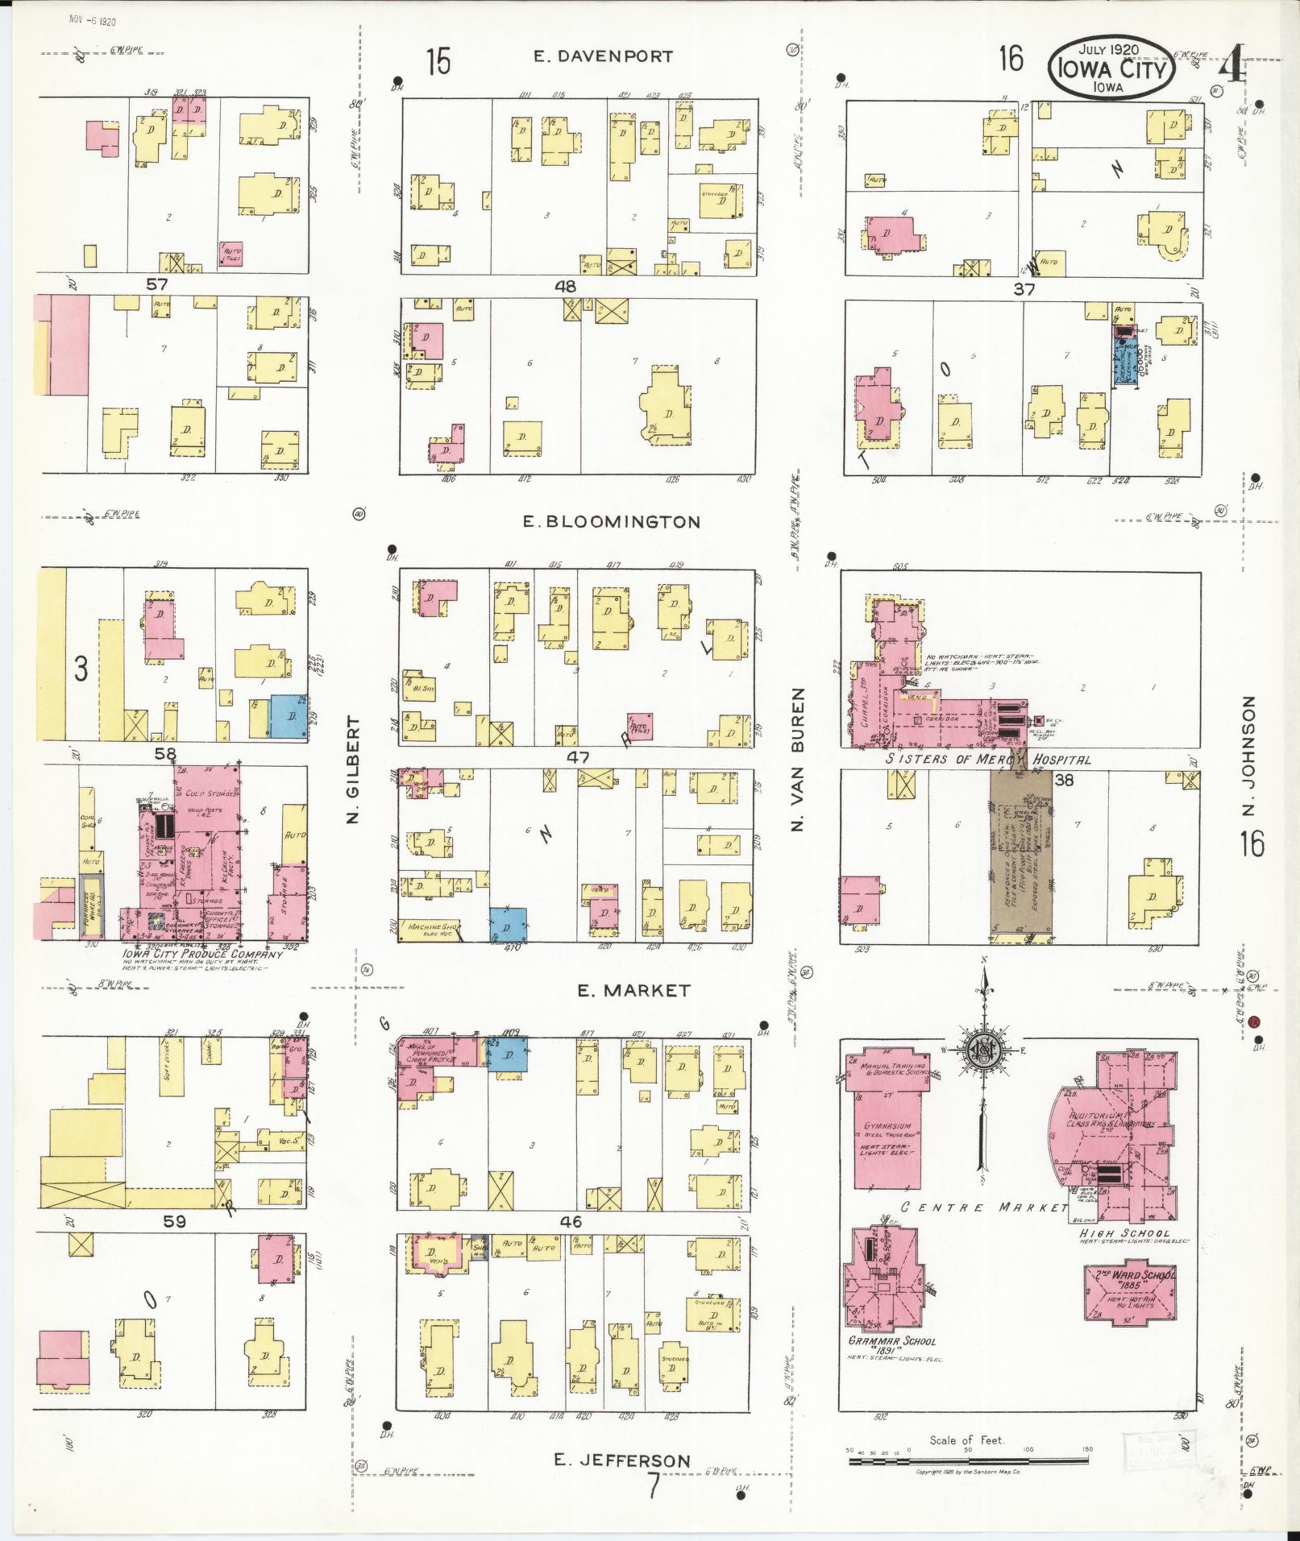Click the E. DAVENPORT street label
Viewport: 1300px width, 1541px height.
pos(603,56)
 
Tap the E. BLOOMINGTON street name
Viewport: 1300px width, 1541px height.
pos(612,522)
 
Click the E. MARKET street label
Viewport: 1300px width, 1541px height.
pos(633,991)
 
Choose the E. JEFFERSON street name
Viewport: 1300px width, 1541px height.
pos(622,1460)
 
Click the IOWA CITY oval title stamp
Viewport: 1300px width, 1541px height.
pos(1111,68)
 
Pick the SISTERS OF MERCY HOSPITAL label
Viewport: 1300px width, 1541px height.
pos(988,759)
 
